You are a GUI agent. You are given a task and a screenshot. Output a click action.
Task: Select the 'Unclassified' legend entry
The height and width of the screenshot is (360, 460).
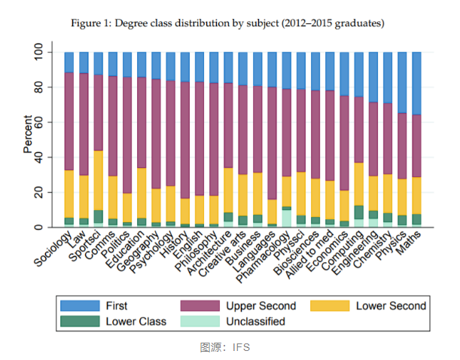click(255, 322)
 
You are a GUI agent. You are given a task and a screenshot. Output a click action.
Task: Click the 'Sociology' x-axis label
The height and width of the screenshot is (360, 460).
click(54, 252)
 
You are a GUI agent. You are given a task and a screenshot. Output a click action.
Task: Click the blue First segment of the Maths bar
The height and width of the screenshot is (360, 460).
click(416, 83)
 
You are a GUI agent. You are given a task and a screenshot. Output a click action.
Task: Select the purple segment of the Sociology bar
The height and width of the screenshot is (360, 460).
click(69, 121)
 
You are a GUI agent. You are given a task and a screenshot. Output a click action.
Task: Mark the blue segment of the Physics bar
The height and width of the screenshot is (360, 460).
click(402, 82)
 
